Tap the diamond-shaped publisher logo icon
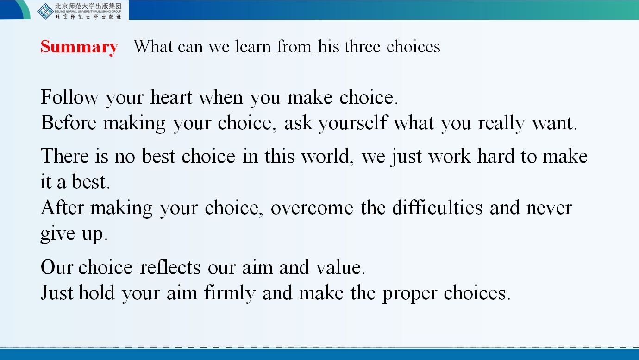tap(45, 12)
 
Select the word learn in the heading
tap(253, 46)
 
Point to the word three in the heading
tap(363, 46)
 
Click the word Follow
tap(69, 97)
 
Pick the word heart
tap(171, 97)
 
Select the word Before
tap(69, 123)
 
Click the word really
tap(501, 124)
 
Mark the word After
tap(62, 207)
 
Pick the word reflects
tap(170, 267)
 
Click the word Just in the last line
tap(57, 293)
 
